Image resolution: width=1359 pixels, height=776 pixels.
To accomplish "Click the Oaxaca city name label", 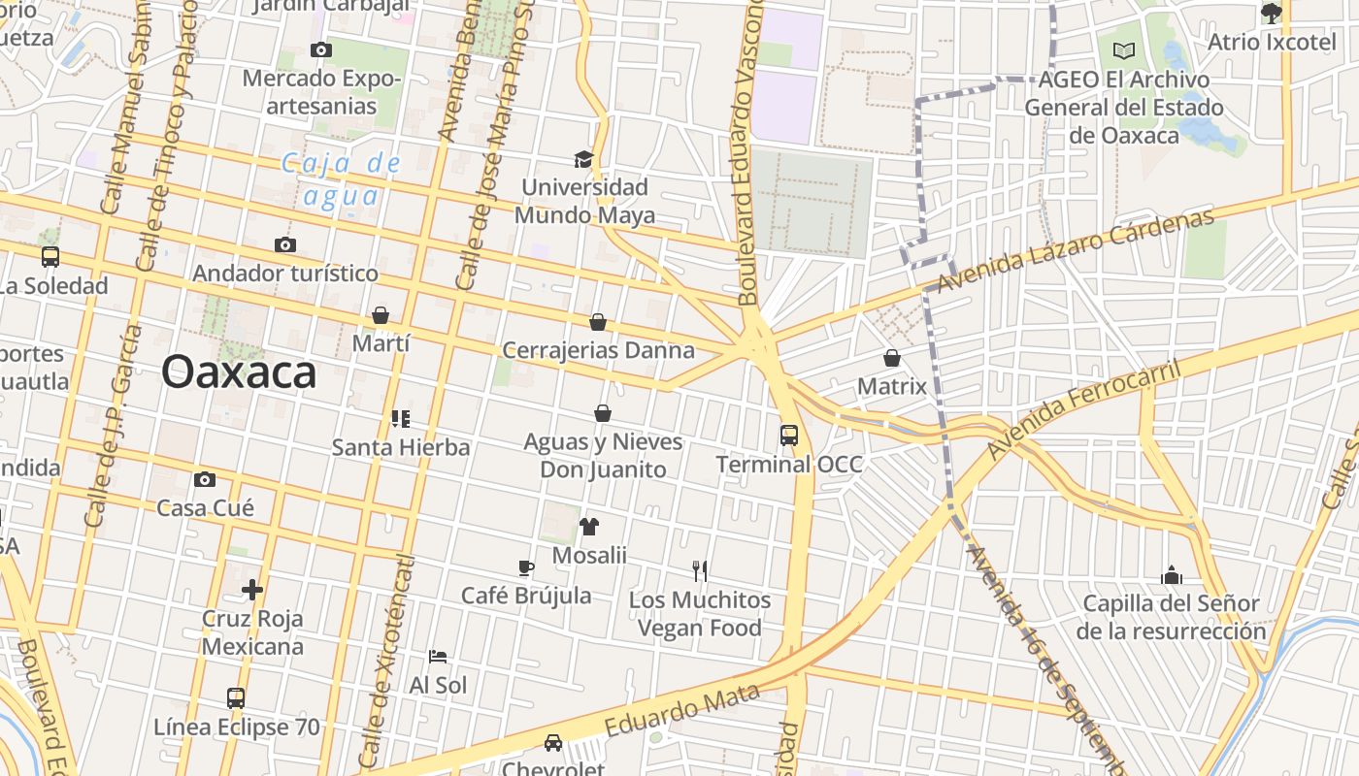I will pos(239,372).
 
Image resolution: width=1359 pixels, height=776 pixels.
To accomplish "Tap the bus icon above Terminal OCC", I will pos(789,436).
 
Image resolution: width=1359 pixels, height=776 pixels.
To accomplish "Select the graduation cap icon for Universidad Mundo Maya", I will pos(583,159).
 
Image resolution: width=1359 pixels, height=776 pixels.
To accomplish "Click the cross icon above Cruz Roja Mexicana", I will pos(252,589).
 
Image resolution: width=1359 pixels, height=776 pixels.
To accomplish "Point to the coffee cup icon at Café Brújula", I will pos(526,567).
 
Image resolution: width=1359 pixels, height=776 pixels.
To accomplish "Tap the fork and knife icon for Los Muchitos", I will pos(699,571).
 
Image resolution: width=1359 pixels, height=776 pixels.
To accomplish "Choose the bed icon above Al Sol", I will pos(438,657).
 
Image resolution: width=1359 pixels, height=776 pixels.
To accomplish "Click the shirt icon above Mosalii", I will pos(589,527).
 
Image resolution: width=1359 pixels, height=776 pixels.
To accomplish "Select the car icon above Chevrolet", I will pos(553,743).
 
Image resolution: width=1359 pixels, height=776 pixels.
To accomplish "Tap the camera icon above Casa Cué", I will pos(205,479).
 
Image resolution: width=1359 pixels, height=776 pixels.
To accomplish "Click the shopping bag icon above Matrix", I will pos(892,358).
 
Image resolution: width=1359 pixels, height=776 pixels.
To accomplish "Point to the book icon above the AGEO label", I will pos(1124,50).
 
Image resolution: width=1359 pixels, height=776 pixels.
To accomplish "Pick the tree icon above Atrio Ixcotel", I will pos(1271,13).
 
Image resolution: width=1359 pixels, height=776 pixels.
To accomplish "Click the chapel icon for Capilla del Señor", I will pos(1172,575).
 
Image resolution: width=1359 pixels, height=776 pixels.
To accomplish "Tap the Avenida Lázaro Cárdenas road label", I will pos(1077,251).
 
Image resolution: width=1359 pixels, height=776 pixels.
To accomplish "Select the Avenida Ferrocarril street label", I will pos(1084,410).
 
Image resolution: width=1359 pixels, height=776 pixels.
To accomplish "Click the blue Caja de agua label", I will pos(341,179).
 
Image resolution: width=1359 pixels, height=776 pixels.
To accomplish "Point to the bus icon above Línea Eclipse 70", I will pos(236,698).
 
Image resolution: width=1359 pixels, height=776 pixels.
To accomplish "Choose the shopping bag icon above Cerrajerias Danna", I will pos(598,322).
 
